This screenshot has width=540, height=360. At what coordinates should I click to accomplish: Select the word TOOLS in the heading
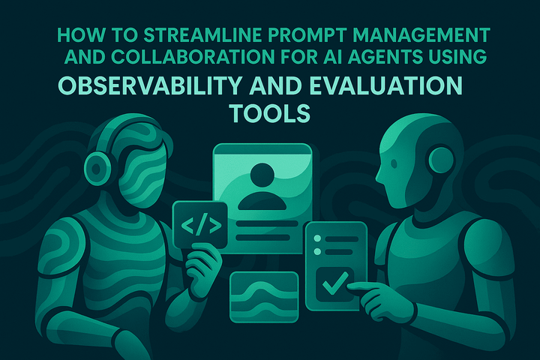270,113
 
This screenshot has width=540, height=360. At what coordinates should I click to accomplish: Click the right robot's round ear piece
442,159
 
